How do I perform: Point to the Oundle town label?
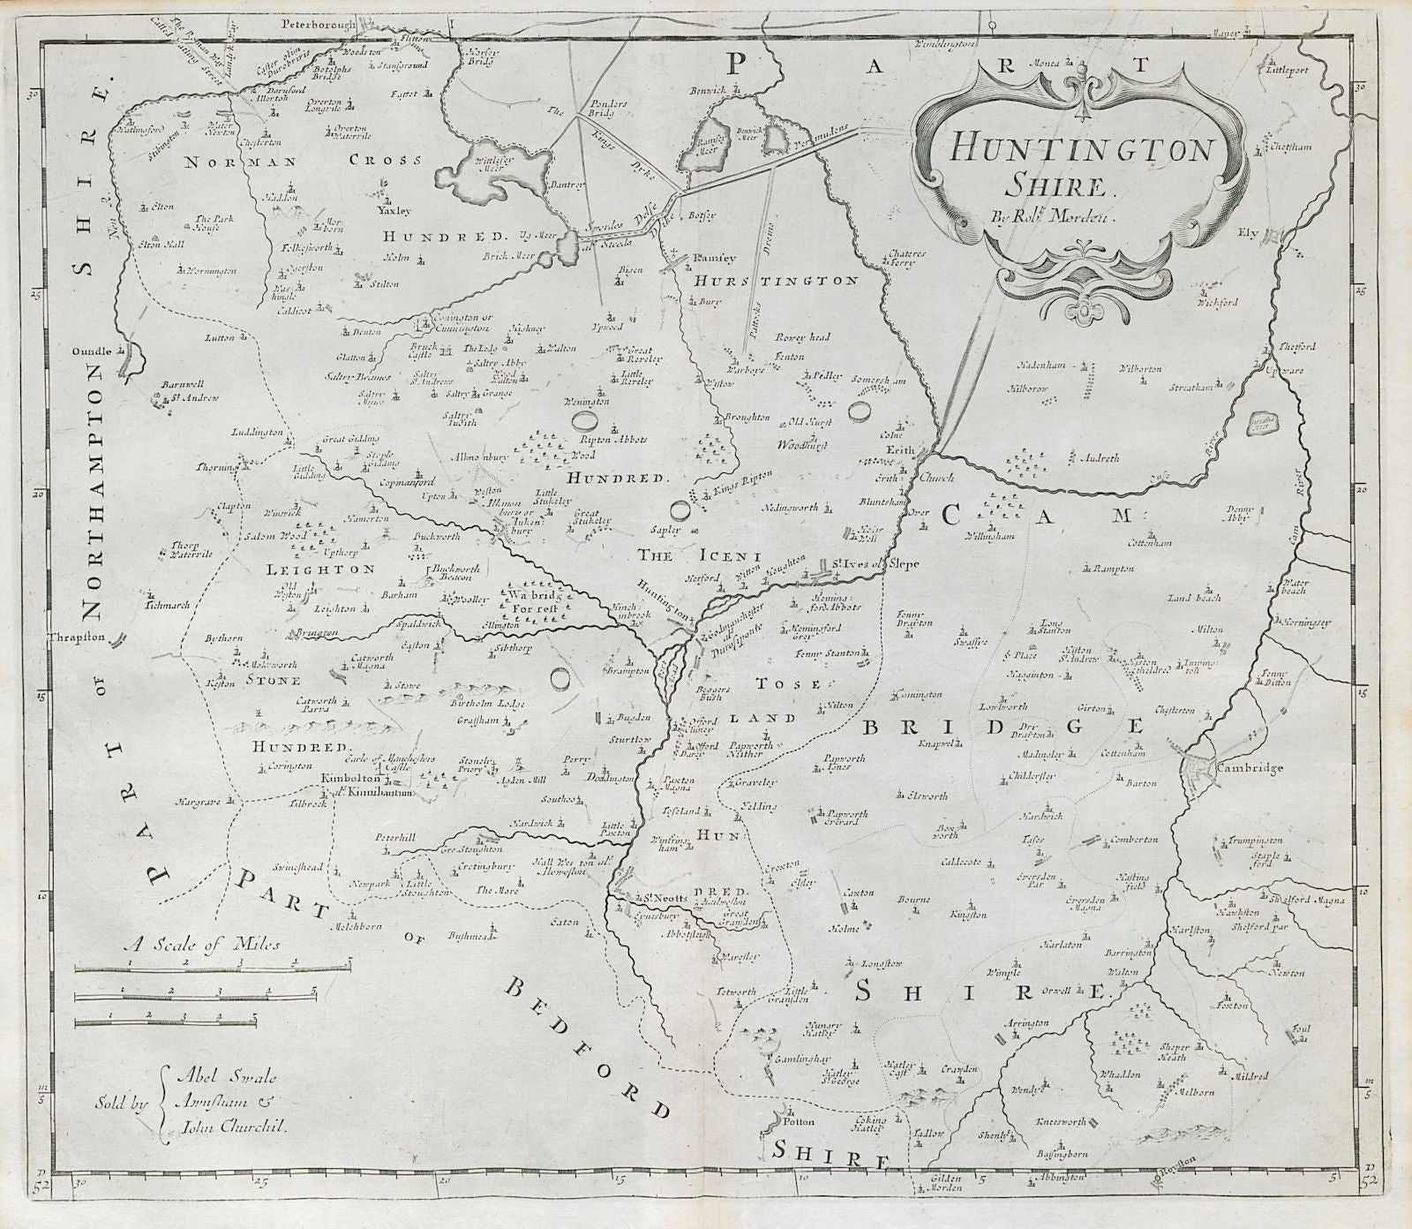[x=97, y=351]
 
